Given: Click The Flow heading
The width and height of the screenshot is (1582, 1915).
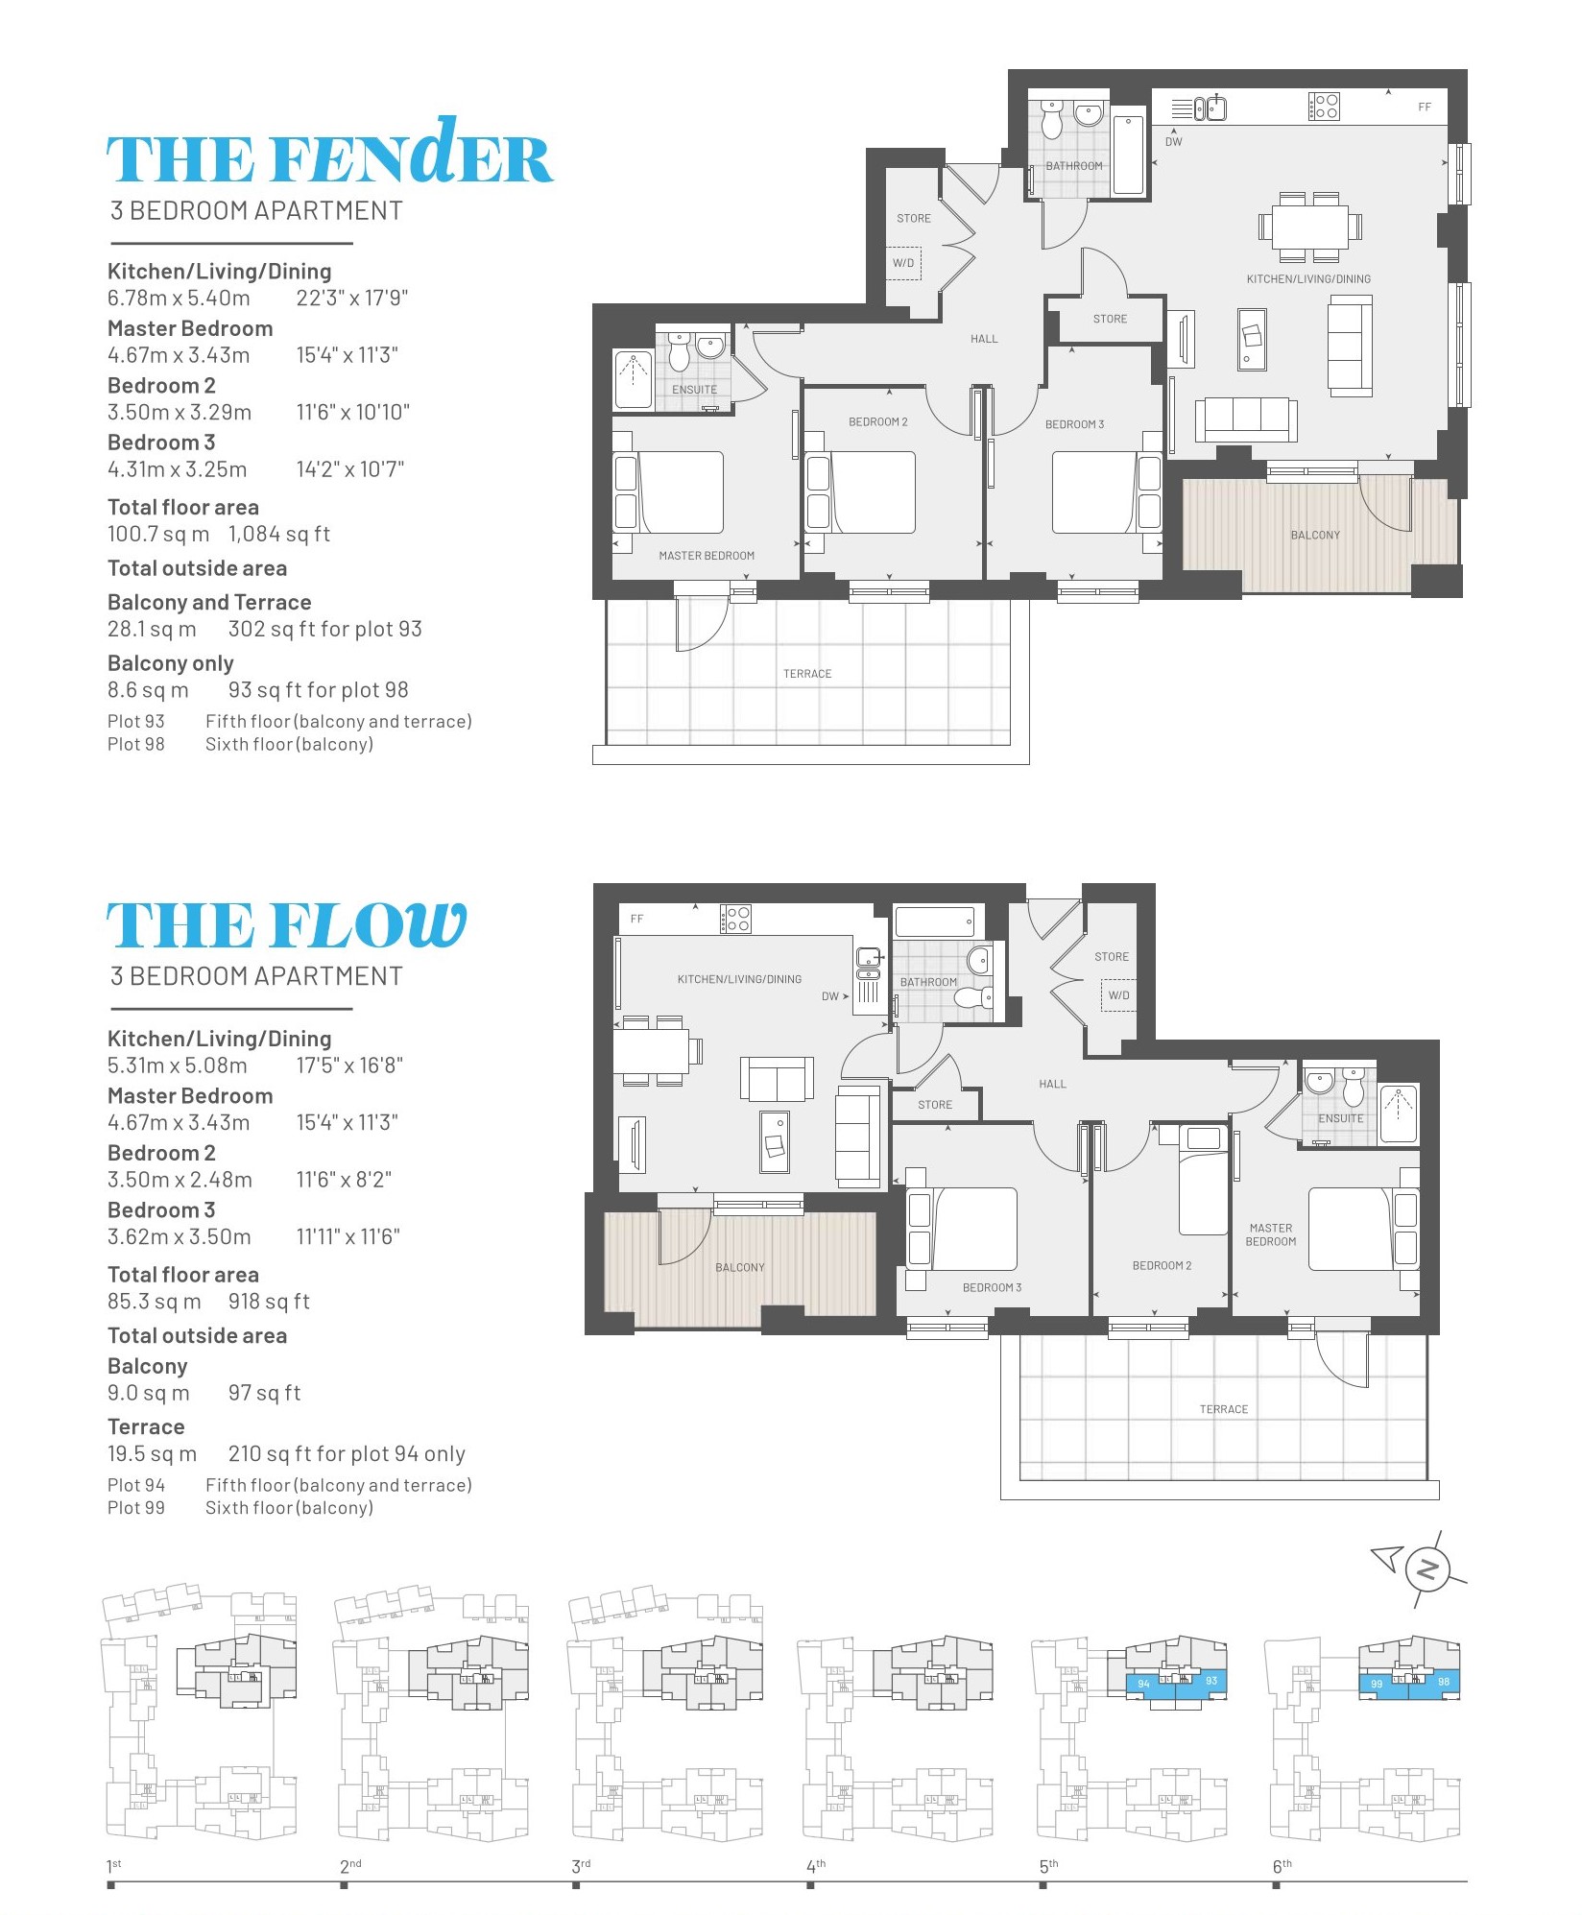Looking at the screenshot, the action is [286, 924].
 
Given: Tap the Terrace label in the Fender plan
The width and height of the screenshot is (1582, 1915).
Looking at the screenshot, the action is [807, 674].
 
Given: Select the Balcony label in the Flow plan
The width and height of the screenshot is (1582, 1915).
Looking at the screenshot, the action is [740, 1267].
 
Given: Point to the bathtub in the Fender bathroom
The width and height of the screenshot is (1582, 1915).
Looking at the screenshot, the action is [1129, 155].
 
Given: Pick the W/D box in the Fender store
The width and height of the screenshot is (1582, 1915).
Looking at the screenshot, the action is [903, 263].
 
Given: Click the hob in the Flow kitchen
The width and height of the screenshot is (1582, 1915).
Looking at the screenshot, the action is [735, 919].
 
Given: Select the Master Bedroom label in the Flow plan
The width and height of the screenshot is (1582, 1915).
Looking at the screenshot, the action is [1271, 1234].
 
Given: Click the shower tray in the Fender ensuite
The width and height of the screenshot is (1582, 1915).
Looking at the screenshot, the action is [633, 380].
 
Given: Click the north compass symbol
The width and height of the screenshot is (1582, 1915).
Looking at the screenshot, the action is [1426, 1570].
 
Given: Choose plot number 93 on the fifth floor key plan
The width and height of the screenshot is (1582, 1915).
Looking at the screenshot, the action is [1211, 1681].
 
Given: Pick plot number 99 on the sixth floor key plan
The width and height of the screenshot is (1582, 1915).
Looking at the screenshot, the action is [1377, 1684].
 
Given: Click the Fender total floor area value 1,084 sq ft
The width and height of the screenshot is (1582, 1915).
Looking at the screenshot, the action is [279, 534].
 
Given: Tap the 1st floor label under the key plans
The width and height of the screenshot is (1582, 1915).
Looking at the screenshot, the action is [113, 1866].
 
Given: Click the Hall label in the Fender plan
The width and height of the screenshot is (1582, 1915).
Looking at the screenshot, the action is [984, 339].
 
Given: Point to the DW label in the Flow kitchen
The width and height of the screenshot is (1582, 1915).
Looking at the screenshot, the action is [830, 996].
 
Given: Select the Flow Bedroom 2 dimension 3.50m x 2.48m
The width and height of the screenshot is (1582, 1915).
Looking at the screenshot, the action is [180, 1180].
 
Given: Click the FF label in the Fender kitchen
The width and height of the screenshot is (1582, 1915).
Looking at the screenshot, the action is [1425, 108].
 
